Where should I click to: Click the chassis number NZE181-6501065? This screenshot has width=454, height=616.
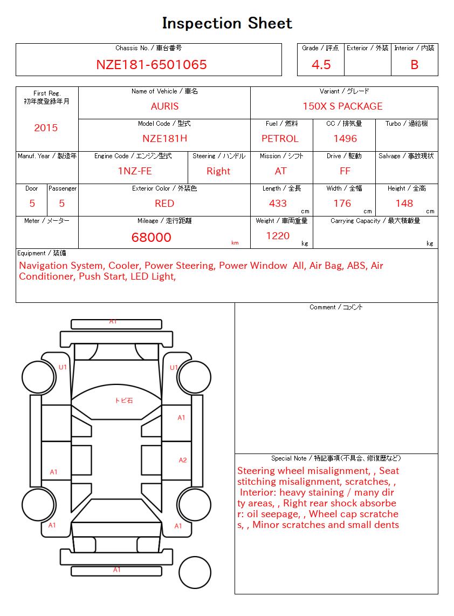tap(152, 65)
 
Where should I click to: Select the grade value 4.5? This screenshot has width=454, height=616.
tap(321, 65)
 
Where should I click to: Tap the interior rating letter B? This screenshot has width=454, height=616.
tap(414, 65)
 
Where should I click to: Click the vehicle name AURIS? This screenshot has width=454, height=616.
tap(164, 106)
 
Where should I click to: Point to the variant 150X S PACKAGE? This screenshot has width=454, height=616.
tap(342, 106)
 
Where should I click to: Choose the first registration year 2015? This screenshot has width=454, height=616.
tap(46, 128)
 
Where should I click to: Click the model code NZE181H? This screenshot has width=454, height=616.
tap(164, 139)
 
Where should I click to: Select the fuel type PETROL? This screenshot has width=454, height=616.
tap(280, 139)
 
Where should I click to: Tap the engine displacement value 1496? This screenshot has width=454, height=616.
tap(345, 139)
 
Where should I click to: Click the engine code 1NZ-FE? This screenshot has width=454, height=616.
tap(135, 171)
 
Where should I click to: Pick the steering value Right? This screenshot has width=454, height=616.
tap(218, 171)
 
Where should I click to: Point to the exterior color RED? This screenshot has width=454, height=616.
tap(164, 204)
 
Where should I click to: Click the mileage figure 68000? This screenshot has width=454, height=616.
tap(152, 238)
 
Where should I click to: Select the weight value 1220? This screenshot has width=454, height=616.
tap(278, 236)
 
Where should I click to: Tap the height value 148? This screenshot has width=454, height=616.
tap(404, 204)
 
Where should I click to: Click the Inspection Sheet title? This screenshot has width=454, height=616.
tap(227, 23)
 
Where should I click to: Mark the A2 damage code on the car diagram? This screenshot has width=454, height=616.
tap(183, 460)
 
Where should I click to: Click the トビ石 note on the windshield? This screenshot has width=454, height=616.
tap(123, 401)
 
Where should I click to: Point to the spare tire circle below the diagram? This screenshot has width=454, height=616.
tap(195, 572)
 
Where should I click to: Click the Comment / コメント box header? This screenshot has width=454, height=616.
tap(336, 307)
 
